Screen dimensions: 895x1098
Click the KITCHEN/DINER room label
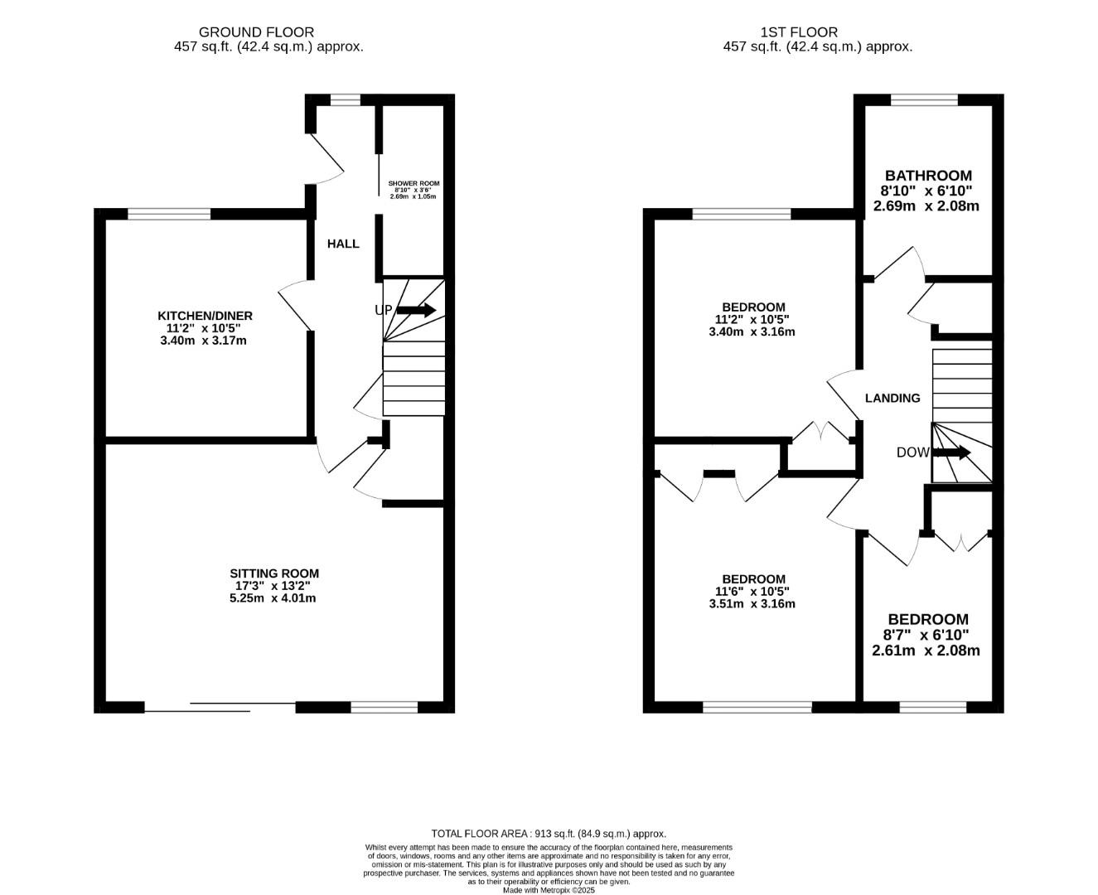[205, 316]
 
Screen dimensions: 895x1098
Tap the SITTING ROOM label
[273, 573]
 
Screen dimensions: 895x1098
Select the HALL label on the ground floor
[343, 244]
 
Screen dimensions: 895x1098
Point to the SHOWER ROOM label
[414, 184]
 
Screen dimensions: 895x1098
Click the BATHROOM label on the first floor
[927, 176]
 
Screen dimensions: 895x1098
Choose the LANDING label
[892, 398]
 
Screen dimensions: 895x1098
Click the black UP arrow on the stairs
[416, 311]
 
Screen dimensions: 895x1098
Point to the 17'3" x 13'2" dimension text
[273, 586]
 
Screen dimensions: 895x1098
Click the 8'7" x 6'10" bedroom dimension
[926, 635]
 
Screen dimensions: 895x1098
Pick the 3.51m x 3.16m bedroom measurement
[752, 604]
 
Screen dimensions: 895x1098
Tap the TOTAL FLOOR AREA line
[549, 834]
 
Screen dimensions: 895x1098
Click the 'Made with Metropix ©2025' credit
[549, 890]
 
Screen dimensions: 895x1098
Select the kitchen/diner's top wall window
[169, 214]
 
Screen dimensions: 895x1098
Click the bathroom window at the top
[924, 100]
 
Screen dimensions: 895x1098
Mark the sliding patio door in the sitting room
[220, 707]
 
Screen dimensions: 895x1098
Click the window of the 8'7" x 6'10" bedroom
[933, 707]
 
